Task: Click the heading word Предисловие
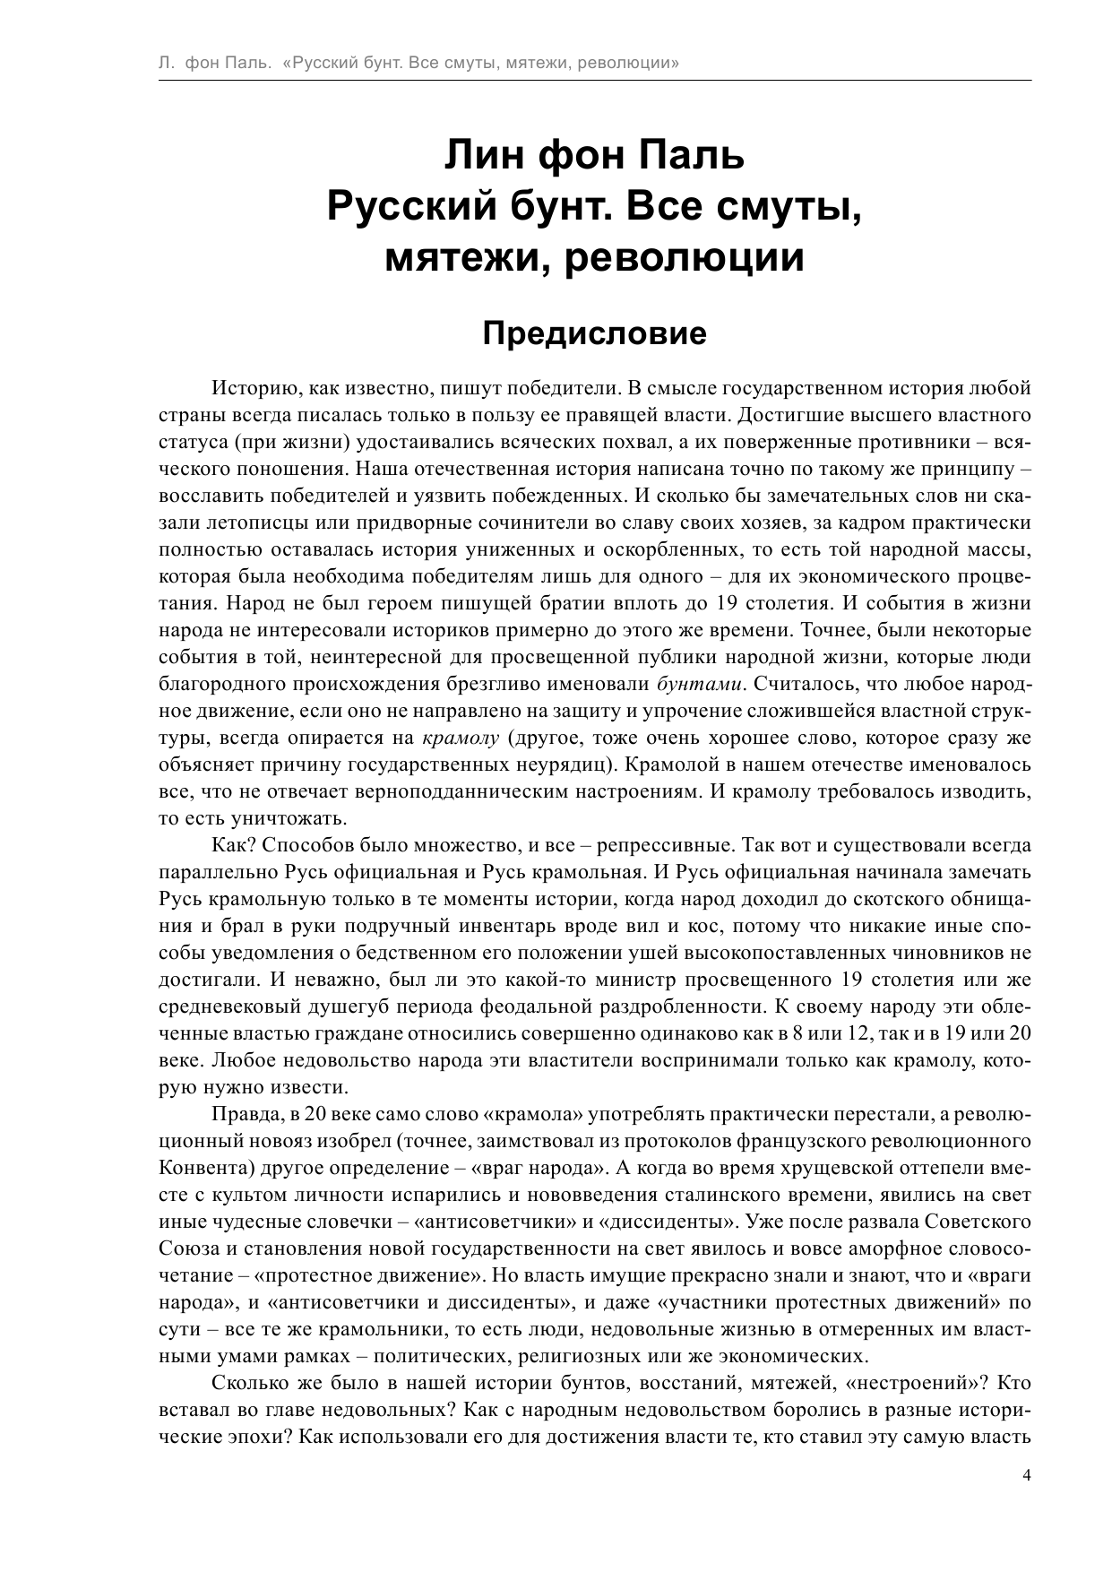595,333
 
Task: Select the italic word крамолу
460,738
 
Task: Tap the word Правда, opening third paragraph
244,1114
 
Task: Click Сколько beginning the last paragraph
247,1383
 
